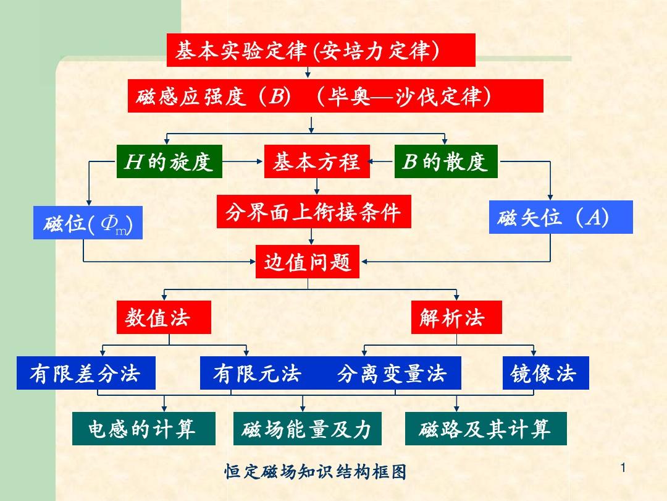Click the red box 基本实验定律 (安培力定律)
pyautogui.click(x=321, y=50)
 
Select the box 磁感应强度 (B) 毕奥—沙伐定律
pyautogui.click(x=335, y=96)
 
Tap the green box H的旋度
pyautogui.click(x=169, y=161)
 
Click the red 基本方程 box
pyautogui.click(x=317, y=161)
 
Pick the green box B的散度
pyautogui.click(x=447, y=161)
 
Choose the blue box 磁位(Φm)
pyautogui.click(x=88, y=223)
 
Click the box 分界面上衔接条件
pyautogui.click(x=314, y=212)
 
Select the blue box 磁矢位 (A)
pyautogui.click(x=561, y=217)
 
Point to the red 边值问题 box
pyautogui.click(x=308, y=262)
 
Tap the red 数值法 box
pyautogui.click(x=164, y=317)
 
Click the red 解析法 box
pyautogui.click(x=456, y=317)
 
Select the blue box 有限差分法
pyautogui.click(x=86, y=373)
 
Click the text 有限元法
pyautogui.click(x=258, y=374)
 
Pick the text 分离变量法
pyautogui.click(x=392, y=374)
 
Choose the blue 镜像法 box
pyautogui.click(x=546, y=373)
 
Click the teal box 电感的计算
pyautogui.click(x=144, y=429)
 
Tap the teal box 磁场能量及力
pyautogui.click(x=307, y=429)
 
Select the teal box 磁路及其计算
pyautogui.click(x=486, y=429)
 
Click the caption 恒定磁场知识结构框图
pyautogui.click(x=316, y=471)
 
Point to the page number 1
pyautogui.click(x=623, y=468)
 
